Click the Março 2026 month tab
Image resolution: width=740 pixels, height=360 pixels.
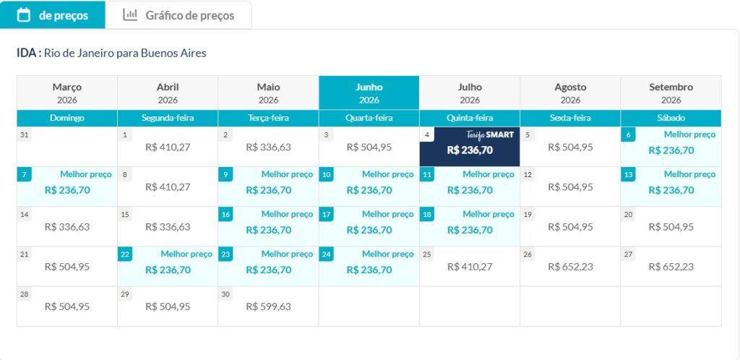pos(67,93)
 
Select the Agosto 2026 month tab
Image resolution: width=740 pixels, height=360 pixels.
pos(570,93)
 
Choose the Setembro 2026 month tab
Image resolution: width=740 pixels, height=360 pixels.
pos(671,93)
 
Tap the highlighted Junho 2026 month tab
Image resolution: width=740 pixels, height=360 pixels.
pos(369,93)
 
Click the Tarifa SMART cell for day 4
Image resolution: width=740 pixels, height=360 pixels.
pos(470,147)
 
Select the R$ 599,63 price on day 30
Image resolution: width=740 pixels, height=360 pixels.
pos(268,307)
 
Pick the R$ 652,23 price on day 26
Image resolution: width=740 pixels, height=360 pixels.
pos(570,267)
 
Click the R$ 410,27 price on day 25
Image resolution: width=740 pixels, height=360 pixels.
pos(470,267)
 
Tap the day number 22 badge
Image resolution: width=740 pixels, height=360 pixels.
pos(125,254)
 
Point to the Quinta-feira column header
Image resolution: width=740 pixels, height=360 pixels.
pos(470,118)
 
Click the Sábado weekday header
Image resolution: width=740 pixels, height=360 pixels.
pos(671,118)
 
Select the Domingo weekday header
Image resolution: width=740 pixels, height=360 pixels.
pos(67,118)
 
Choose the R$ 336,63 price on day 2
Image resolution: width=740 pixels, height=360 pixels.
pos(268,147)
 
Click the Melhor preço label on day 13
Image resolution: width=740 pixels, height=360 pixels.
pos(689,174)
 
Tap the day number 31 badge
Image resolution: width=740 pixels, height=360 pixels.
pos(25,135)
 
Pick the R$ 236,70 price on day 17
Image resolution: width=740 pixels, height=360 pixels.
pos(369,231)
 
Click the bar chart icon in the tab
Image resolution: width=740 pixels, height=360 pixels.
pos(130,14)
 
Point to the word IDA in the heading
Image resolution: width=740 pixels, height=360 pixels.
pos(27,53)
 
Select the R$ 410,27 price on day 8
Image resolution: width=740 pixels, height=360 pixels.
pos(168,187)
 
